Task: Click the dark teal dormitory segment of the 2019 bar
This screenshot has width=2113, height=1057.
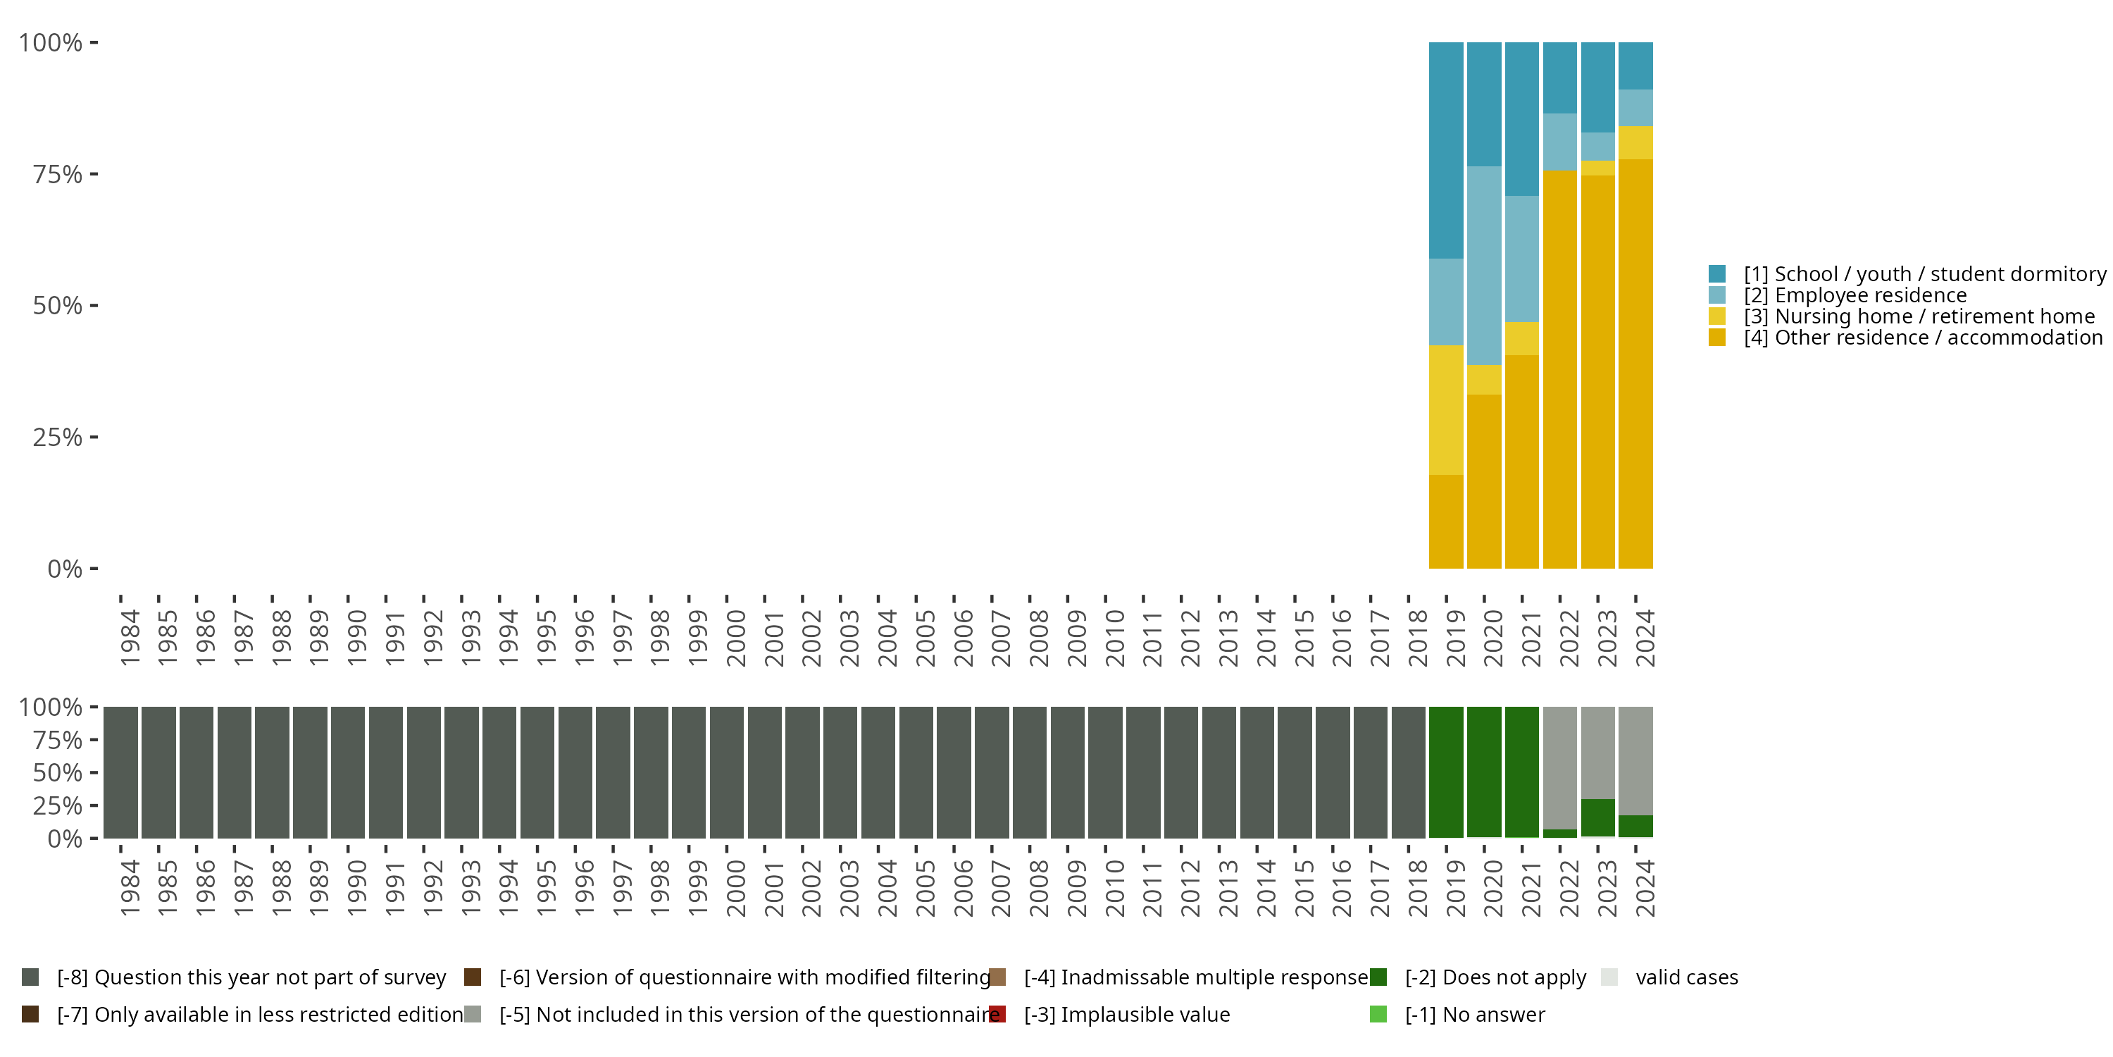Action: [x=1445, y=150]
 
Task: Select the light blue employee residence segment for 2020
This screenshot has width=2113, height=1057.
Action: [x=1484, y=265]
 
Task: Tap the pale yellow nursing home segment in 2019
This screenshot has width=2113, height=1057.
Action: [x=1445, y=409]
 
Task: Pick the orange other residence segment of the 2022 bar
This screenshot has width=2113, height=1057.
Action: [x=1559, y=369]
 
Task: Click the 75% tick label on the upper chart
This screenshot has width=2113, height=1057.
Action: [x=58, y=174]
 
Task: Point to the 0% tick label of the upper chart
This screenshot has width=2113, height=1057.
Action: [x=65, y=569]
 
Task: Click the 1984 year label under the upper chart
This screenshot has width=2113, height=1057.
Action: [x=130, y=638]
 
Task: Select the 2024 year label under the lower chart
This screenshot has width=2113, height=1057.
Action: [x=1645, y=888]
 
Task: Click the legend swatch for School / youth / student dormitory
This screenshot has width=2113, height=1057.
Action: [x=1717, y=274]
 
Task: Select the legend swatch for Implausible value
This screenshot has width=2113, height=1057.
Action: [x=997, y=1014]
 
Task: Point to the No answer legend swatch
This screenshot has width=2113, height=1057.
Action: [x=1378, y=1014]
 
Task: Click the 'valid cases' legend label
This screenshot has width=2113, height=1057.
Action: [x=1686, y=977]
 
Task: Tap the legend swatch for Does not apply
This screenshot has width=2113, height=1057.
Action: [x=1378, y=977]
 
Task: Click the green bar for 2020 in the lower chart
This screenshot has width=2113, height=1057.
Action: [x=1484, y=772]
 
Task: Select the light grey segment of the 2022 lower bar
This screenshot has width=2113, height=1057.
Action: [x=1559, y=767]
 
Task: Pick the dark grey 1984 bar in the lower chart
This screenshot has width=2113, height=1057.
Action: [x=120, y=772]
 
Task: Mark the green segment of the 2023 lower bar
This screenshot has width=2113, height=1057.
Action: [x=1597, y=818]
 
